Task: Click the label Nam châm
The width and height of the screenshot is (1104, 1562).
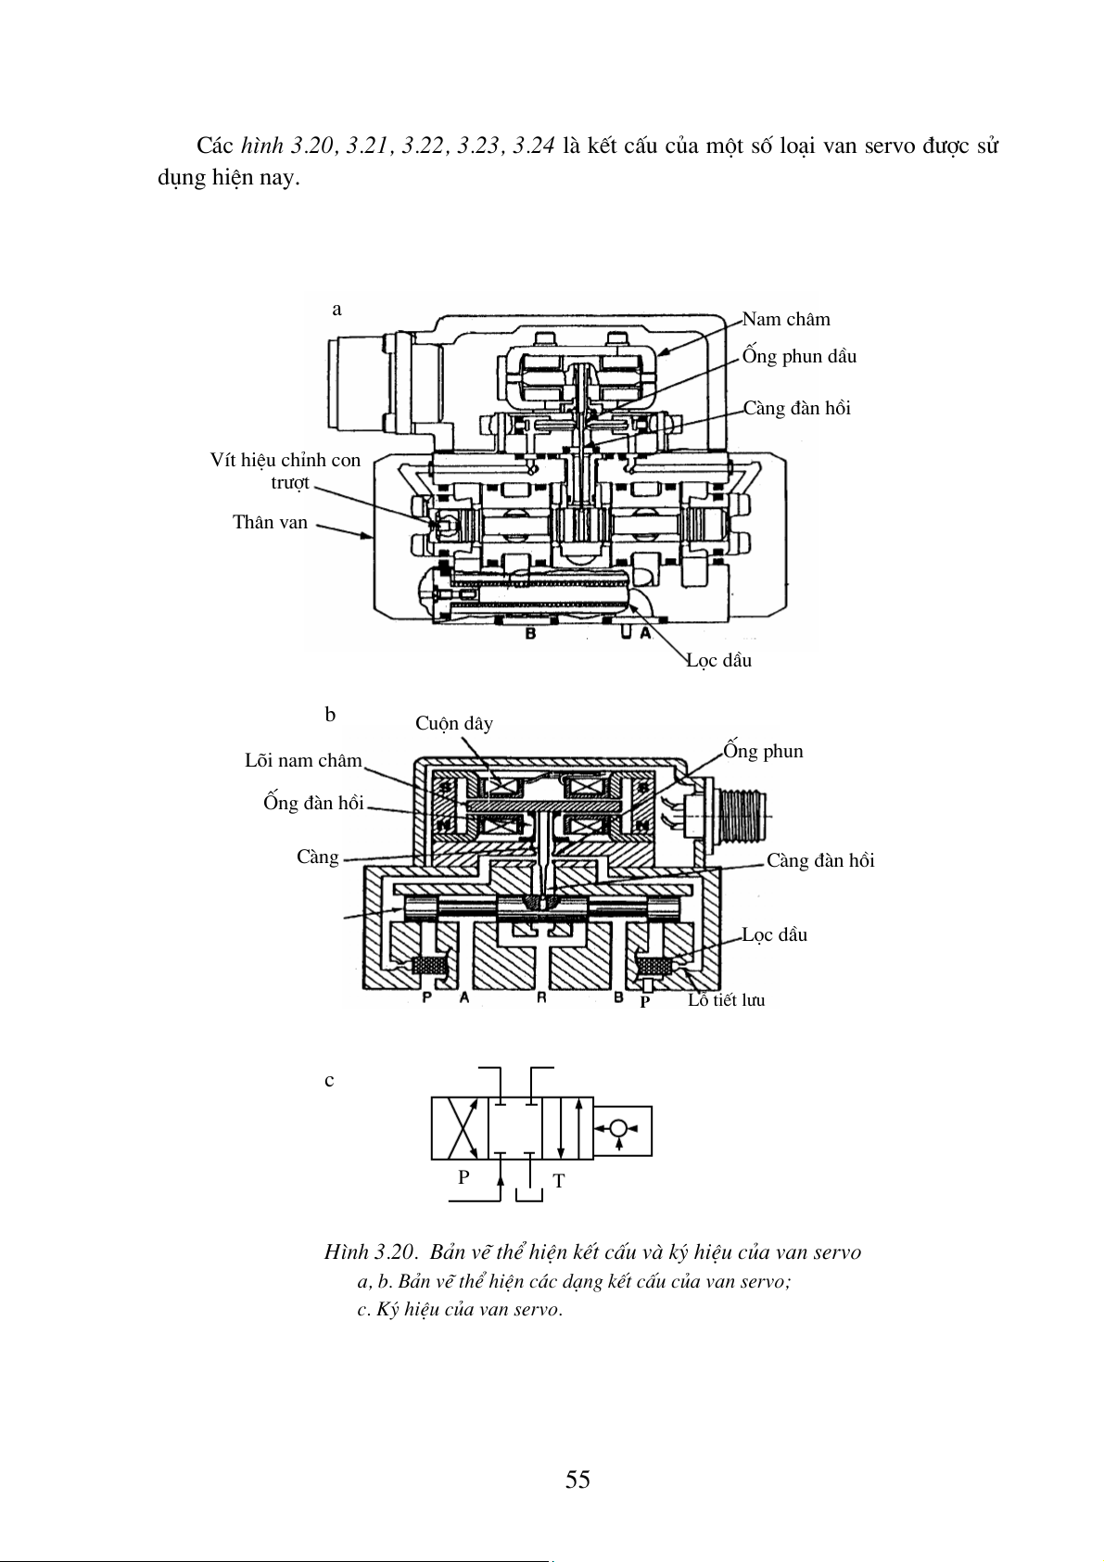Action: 786,320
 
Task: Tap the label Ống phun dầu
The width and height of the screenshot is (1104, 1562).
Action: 799,356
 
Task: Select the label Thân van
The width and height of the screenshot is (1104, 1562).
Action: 270,522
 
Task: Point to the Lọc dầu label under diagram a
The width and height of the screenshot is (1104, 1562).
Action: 719,660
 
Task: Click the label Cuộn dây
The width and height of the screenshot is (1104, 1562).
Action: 454,724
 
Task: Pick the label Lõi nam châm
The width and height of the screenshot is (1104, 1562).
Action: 303,760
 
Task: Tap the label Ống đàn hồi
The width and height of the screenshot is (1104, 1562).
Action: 314,803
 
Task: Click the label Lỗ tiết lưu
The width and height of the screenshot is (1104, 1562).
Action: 726,1000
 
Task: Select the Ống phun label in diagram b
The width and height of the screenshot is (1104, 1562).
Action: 763,751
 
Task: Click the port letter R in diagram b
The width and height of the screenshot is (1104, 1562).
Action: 541,997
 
